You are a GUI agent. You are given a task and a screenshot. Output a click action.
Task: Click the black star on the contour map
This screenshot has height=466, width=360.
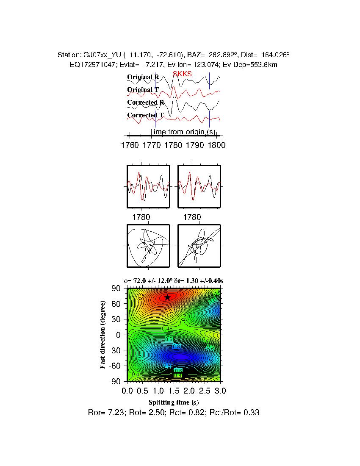167,297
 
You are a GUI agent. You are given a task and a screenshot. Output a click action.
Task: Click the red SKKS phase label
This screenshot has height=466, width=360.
182,74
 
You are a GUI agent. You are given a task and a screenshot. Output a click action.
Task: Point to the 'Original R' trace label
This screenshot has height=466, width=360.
143,77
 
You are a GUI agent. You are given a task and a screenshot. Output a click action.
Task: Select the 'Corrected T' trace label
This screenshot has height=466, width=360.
145,115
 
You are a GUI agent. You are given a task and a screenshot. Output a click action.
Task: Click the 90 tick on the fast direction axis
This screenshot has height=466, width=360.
117,288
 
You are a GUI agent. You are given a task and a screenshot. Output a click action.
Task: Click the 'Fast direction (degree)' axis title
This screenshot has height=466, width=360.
103,335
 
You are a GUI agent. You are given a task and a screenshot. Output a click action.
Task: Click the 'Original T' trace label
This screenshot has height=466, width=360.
143,90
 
